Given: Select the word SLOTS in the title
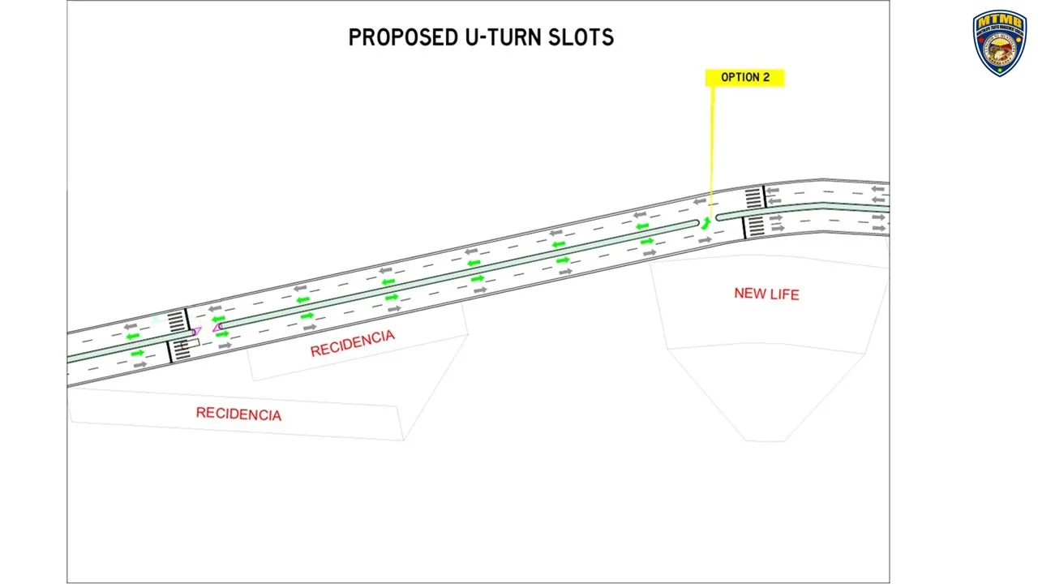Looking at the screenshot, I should point(588,37).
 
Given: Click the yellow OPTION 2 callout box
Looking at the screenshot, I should point(744,77).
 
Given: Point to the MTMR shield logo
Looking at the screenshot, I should point(999,42).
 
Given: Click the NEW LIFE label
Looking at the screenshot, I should point(766,294).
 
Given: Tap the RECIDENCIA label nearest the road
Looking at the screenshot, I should point(352,344).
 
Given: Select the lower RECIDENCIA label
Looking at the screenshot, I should point(238,414).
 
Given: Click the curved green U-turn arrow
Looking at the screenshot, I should point(706,223).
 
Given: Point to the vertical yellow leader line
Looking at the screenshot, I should point(712,146).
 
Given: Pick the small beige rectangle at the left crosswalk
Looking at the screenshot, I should point(191,344).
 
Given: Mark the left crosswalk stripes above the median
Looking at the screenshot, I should point(176,320).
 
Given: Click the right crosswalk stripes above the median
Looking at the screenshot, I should point(753,197).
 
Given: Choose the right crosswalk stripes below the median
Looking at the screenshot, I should point(754,225).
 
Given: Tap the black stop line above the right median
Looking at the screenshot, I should point(764,197).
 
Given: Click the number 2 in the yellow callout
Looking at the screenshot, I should point(766,77).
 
